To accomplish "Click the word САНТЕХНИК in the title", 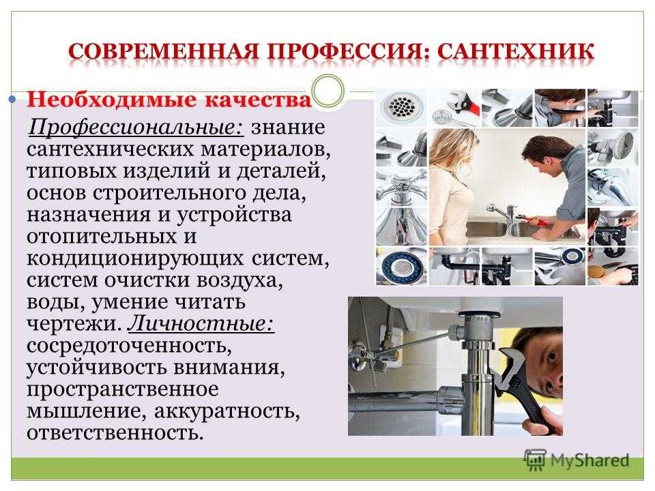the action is point(516,53).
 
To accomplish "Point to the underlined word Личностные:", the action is point(201,324).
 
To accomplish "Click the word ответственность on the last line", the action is point(115,432).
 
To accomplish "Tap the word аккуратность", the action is point(227,411).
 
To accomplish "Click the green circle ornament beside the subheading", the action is point(328,91).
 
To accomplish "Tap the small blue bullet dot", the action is point(12,100).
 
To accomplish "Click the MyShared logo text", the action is point(589,460).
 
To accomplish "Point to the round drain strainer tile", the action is point(401,107).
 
